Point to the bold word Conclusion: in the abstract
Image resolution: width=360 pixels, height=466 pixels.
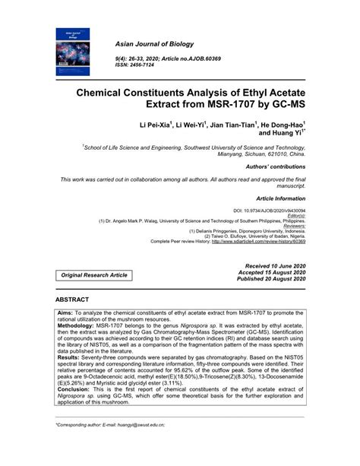pyautogui.click(x=76, y=395)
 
